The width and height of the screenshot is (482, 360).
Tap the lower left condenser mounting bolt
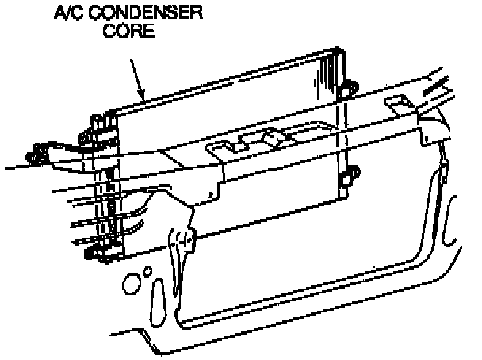92,254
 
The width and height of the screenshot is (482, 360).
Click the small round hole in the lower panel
148,271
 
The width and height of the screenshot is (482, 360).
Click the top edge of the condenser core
222,79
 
